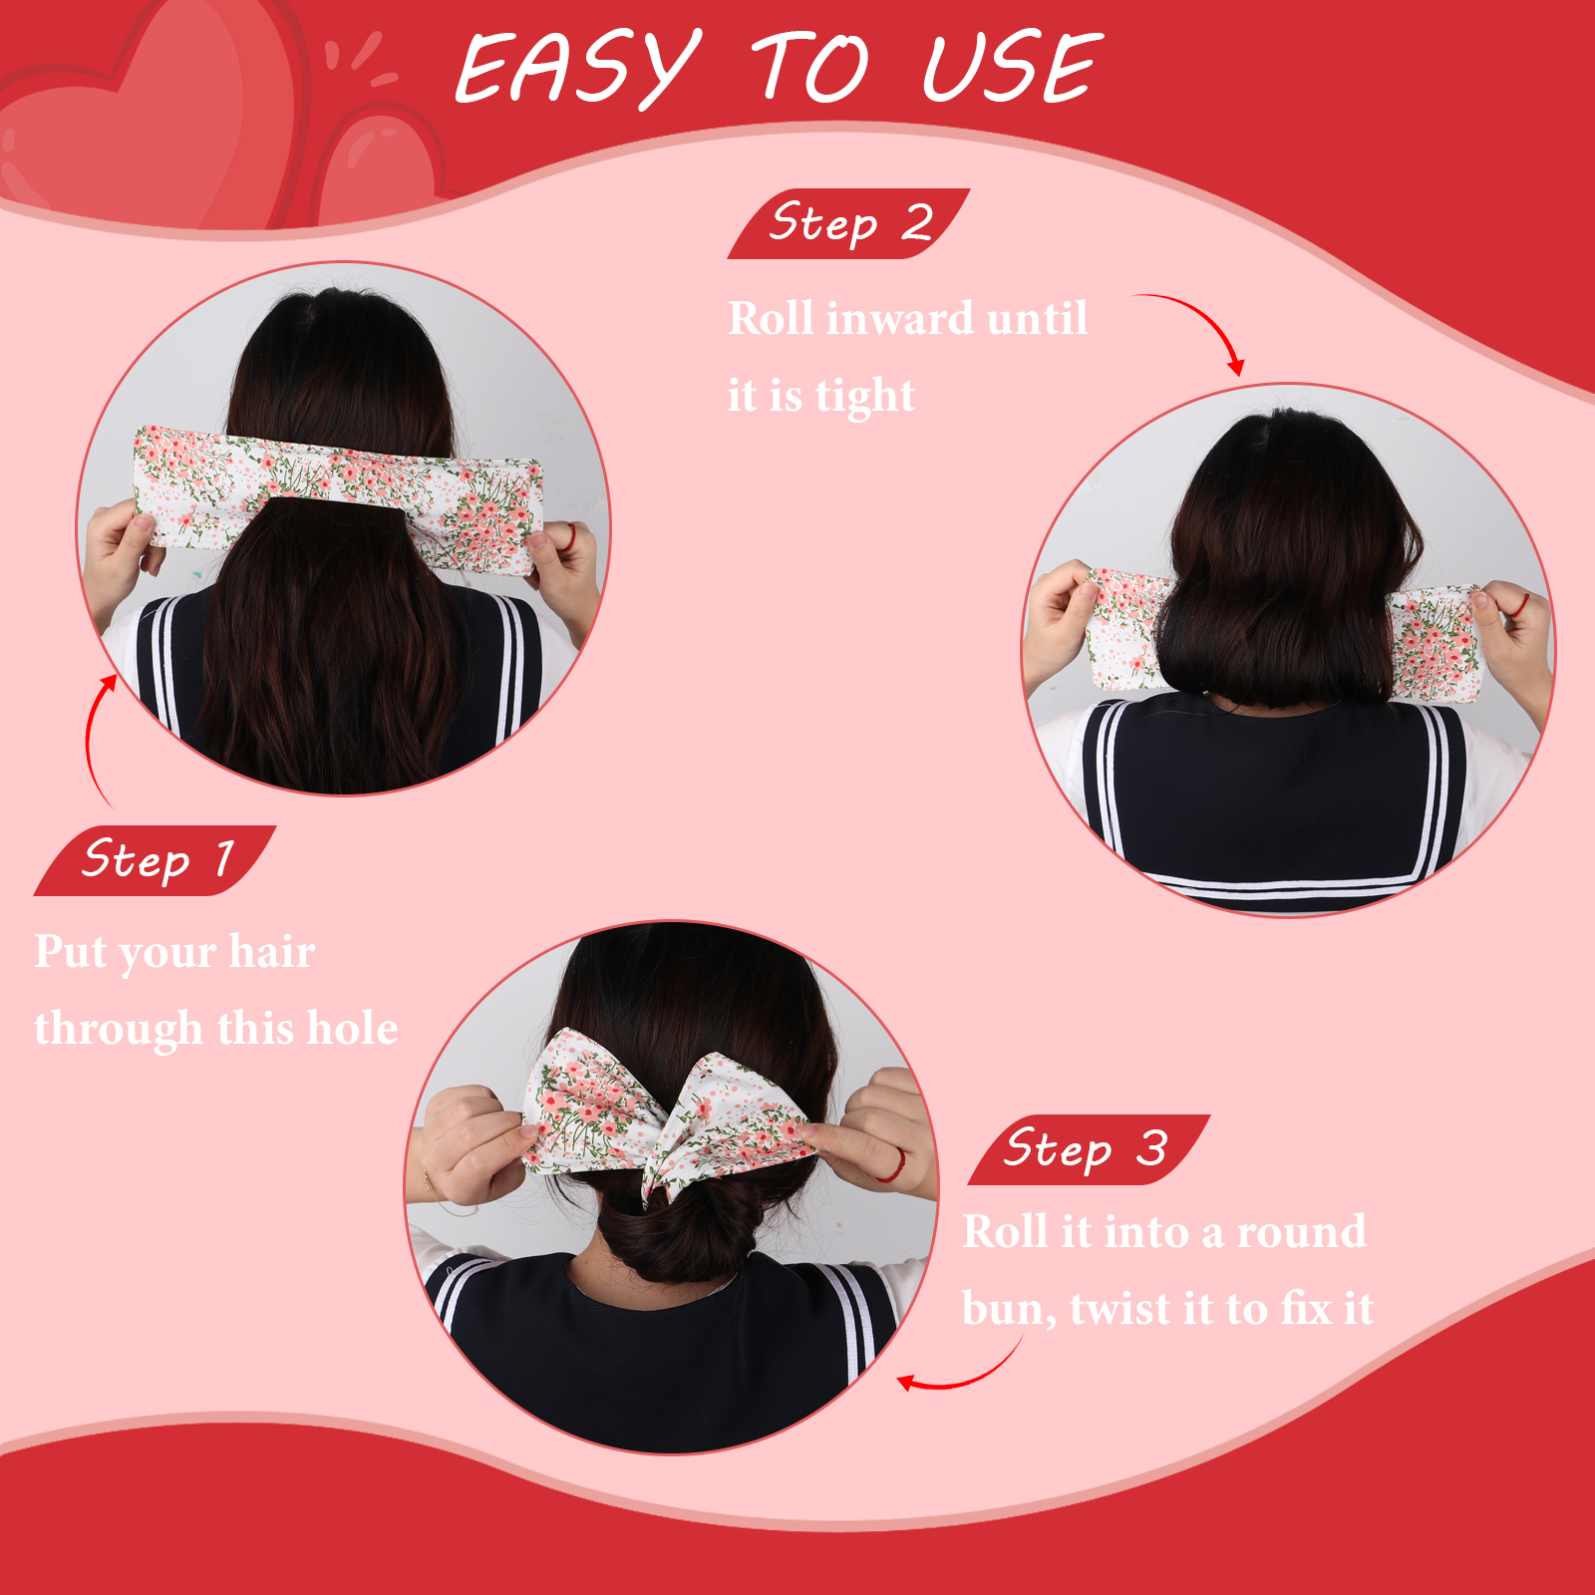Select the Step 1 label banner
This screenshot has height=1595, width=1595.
coord(155,860)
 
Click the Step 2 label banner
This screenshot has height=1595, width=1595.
coord(848,223)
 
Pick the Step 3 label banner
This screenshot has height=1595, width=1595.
coord(1089,1149)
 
